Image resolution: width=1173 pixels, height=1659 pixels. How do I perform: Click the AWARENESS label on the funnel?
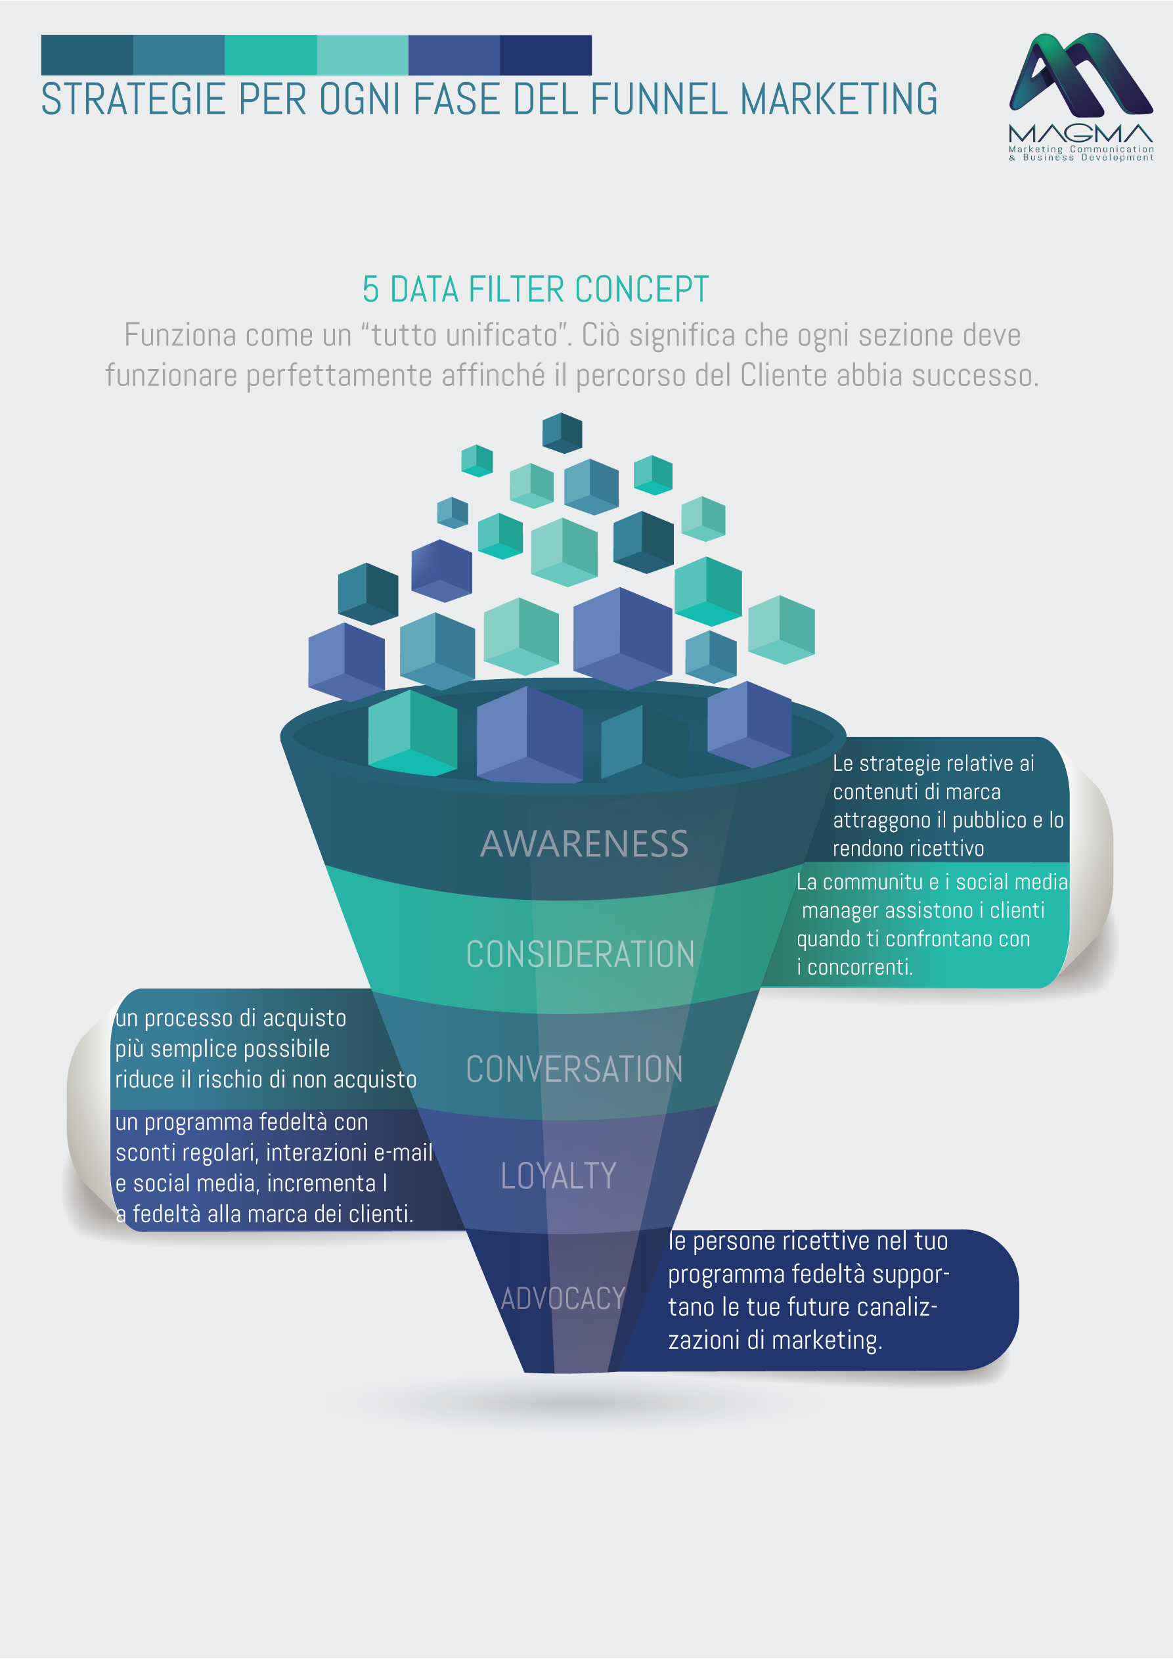(x=584, y=844)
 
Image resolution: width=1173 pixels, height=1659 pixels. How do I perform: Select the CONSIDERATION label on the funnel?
(x=580, y=954)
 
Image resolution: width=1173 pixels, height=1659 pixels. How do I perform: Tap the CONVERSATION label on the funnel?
(x=575, y=1069)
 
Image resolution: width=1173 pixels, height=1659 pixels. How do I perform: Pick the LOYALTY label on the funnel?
(x=558, y=1176)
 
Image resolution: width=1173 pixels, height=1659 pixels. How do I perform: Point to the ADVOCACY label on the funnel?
(x=562, y=1298)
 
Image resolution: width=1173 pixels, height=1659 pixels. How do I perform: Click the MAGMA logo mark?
(x=1080, y=74)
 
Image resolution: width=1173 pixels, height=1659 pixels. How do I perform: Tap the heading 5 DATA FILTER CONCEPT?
(x=535, y=290)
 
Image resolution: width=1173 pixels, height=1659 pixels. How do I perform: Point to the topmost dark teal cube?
(x=562, y=433)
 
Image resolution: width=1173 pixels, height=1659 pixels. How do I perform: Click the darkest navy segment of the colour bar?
(x=546, y=55)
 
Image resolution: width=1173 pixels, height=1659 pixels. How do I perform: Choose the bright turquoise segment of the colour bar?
(x=271, y=55)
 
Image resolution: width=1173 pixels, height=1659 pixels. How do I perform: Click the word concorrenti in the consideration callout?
(x=860, y=967)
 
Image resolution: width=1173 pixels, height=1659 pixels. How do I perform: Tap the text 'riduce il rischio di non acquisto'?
(x=266, y=1080)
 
